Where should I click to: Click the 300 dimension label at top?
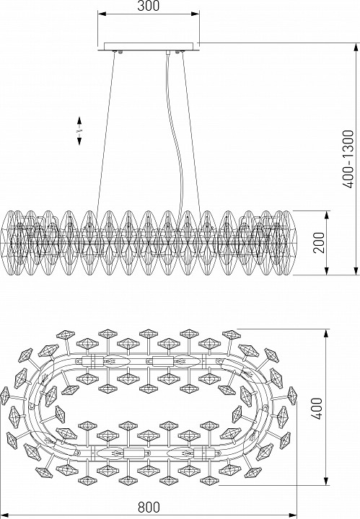[149, 6]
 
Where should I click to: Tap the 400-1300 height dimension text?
[348, 159]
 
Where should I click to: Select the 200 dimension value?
[319, 243]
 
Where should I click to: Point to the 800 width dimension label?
[149, 507]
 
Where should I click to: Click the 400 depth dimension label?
[317, 408]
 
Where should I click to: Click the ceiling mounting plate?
[149, 46]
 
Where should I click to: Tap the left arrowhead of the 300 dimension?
[102, 14]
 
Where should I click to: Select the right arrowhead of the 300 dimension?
[195, 14]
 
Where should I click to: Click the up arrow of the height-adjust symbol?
[79, 121]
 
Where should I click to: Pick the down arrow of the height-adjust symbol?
[79, 141]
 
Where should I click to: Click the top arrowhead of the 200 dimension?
[327, 215]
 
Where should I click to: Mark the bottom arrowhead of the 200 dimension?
[327, 271]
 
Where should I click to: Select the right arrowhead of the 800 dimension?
[293, 515]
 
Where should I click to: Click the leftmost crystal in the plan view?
[5, 396]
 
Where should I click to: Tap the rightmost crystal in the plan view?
[292, 396]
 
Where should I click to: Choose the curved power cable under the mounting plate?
[175, 133]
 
